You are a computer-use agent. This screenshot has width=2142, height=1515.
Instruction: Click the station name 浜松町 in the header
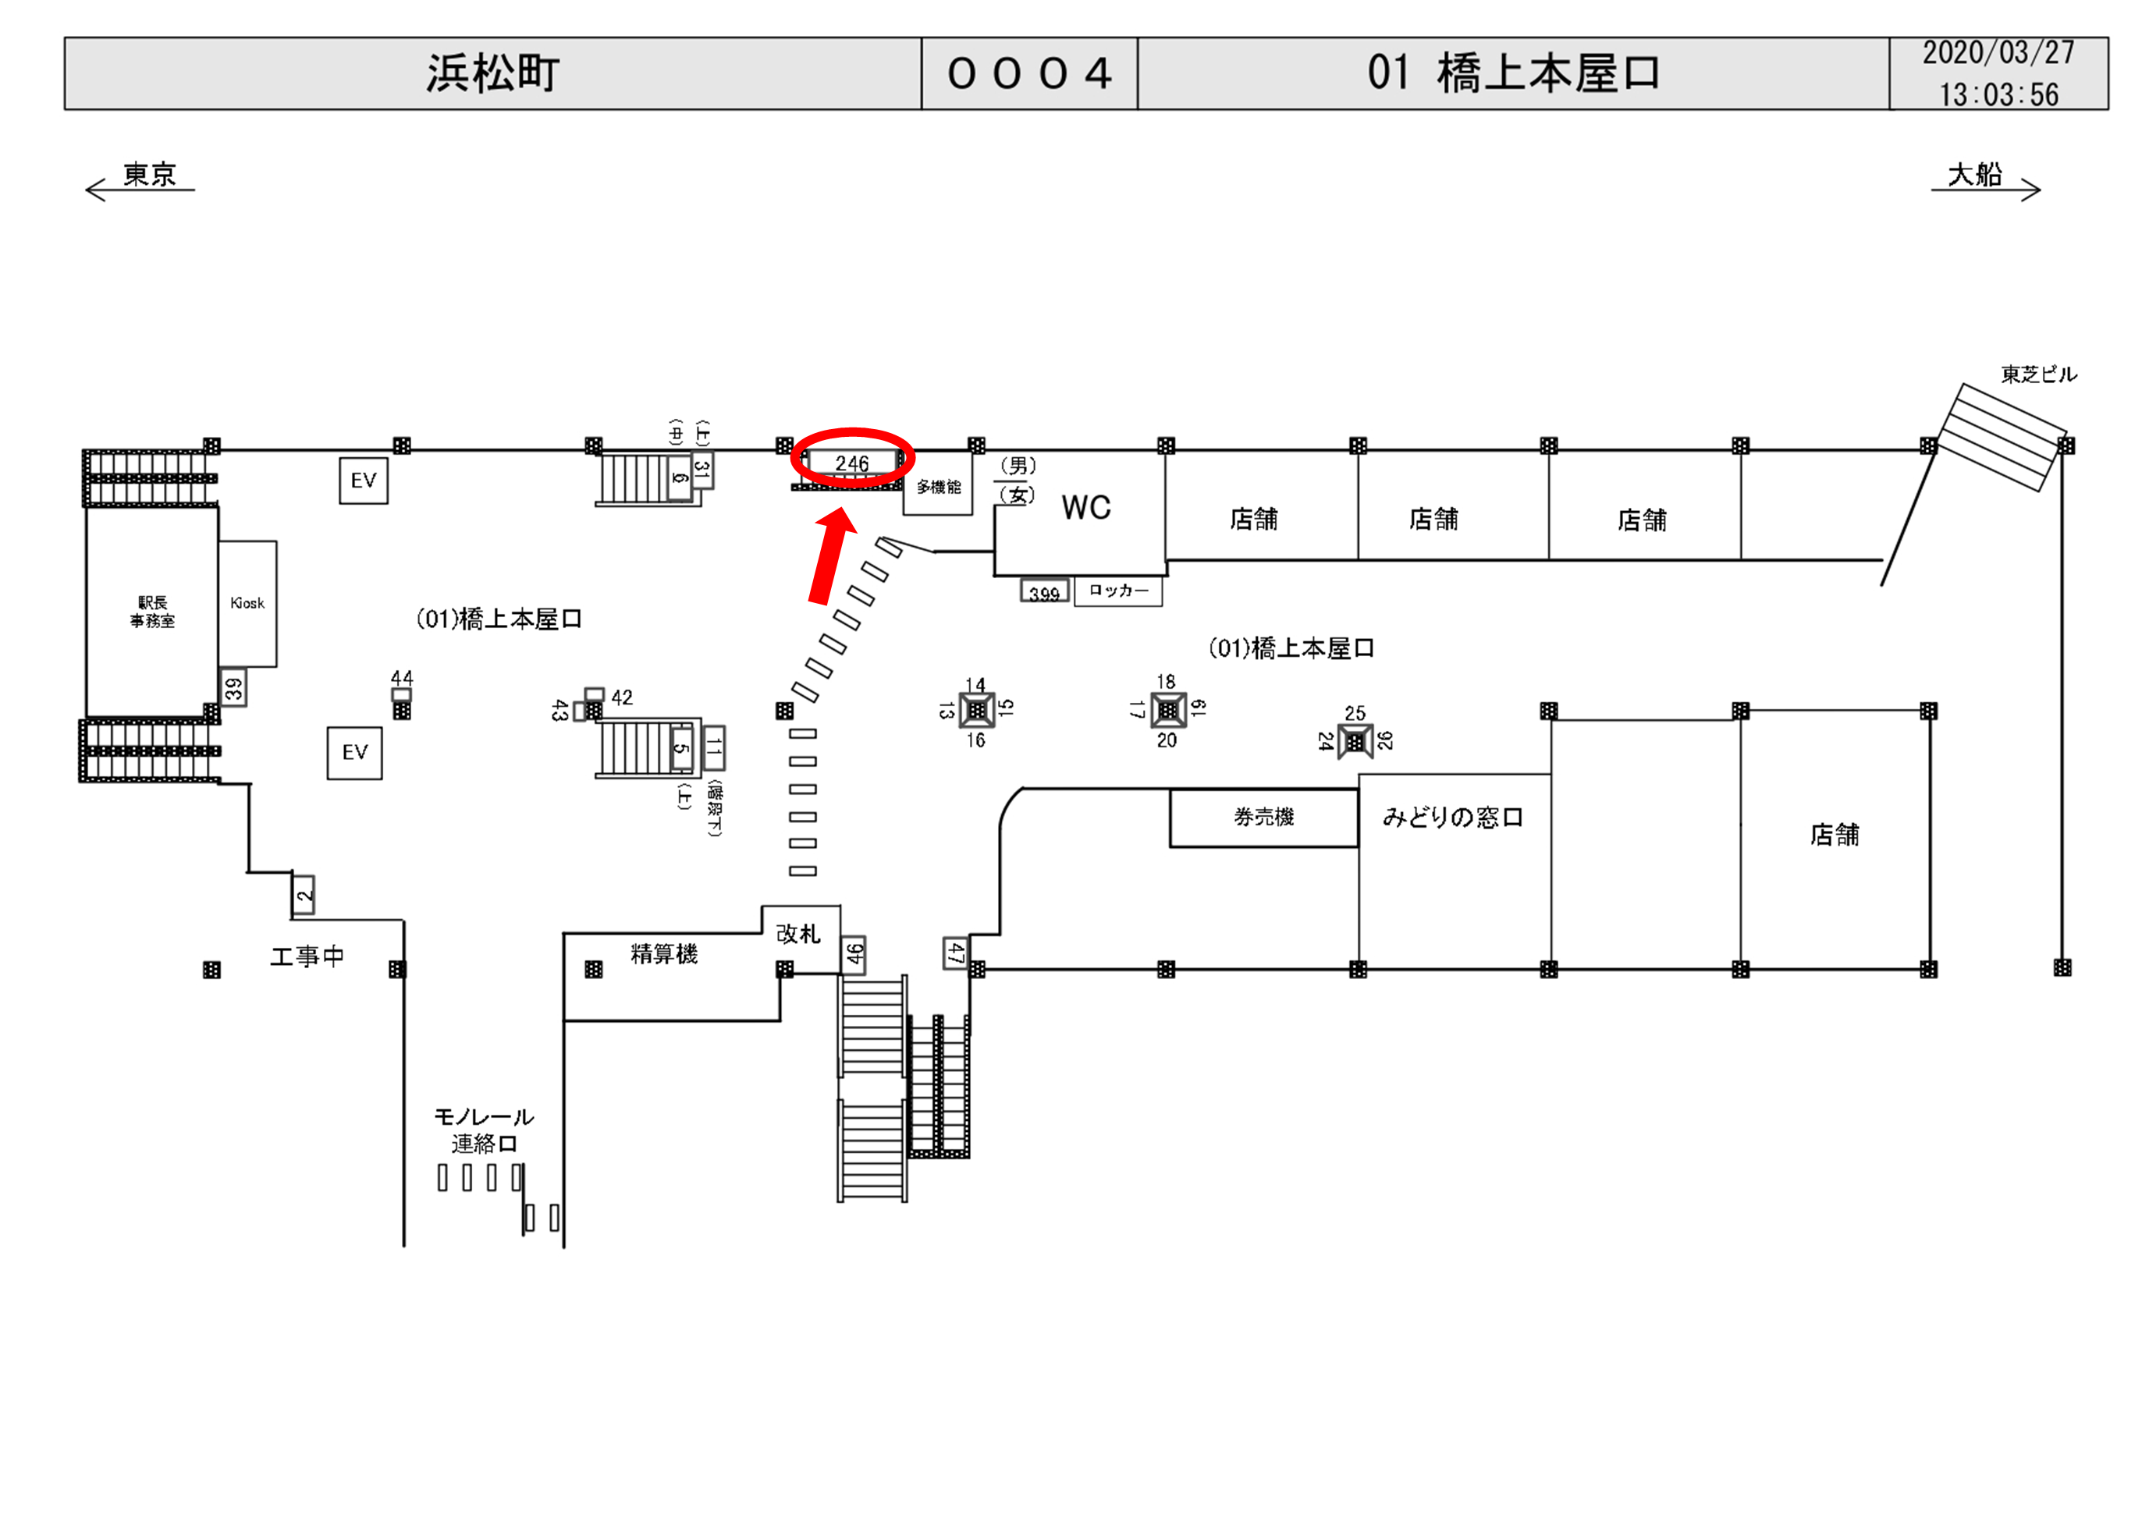click(x=492, y=73)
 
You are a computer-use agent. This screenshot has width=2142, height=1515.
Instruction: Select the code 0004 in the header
click(x=1029, y=73)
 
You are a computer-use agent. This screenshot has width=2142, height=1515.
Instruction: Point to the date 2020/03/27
click(x=1998, y=53)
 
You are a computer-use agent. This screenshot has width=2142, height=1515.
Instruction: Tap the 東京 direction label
click(x=149, y=175)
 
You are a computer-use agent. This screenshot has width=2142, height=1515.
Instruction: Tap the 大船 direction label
click(x=1974, y=175)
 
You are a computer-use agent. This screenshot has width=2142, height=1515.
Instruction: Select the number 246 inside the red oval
click(x=852, y=463)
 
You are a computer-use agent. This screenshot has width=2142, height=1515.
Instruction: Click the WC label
click(x=1086, y=509)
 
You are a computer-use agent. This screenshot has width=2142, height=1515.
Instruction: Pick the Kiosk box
click(x=247, y=604)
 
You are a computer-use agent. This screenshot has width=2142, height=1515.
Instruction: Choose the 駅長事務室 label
click(x=152, y=612)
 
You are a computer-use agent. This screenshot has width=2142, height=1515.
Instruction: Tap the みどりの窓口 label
click(x=1452, y=818)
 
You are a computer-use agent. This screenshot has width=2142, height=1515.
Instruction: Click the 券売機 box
click(x=1263, y=818)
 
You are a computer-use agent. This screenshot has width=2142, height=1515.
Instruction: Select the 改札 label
click(x=798, y=934)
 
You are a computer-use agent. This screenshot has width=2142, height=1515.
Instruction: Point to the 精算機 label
click(x=663, y=953)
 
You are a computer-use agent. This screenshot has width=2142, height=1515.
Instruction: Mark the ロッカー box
click(x=1117, y=591)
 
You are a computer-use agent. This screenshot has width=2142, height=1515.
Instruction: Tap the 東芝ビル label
click(x=2038, y=375)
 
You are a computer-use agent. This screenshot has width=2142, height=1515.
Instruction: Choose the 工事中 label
click(x=307, y=956)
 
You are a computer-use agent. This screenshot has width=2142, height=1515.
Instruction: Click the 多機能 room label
click(x=938, y=487)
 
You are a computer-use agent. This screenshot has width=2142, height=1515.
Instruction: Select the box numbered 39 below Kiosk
click(x=233, y=689)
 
